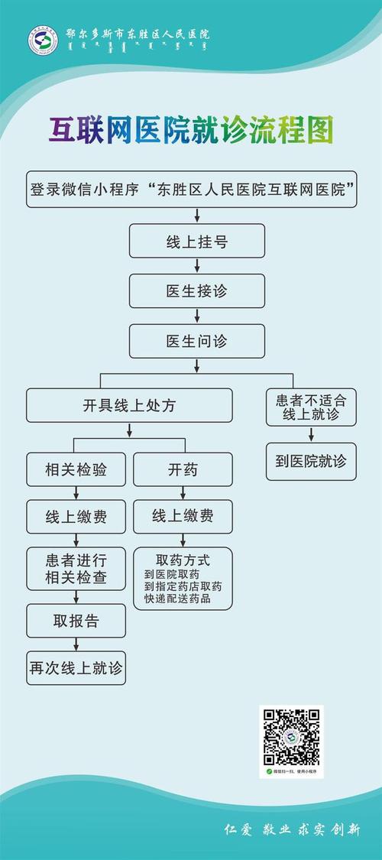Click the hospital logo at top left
click(x=44, y=41)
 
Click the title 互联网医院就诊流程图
click(x=192, y=131)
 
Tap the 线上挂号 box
click(x=197, y=241)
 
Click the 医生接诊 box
click(x=197, y=291)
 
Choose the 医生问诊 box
click(x=197, y=341)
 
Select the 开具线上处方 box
click(x=129, y=405)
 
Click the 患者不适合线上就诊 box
click(x=310, y=407)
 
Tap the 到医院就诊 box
click(x=310, y=461)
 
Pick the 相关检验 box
click(x=76, y=469)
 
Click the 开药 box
click(x=183, y=469)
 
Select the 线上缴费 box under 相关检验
click(x=76, y=517)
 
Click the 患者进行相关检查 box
click(x=76, y=568)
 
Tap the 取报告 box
click(x=76, y=620)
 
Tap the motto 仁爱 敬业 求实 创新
click(x=290, y=830)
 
